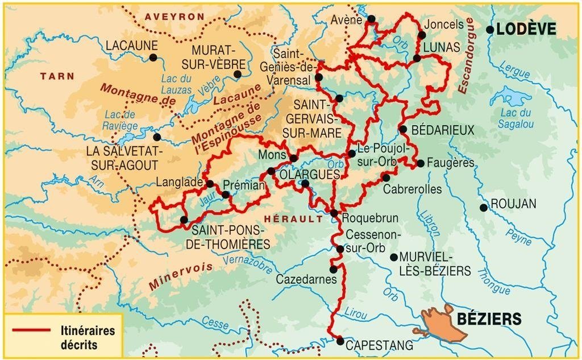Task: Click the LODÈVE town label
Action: pyautogui.click(x=526, y=30)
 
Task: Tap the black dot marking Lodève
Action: pyautogui.click(x=490, y=30)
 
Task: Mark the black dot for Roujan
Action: pyautogui.click(x=483, y=208)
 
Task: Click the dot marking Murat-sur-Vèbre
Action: pyautogui.click(x=238, y=74)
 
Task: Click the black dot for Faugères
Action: pyautogui.click(x=421, y=163)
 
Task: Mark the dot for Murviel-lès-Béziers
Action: pyautogui.click(x=393, y=257)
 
